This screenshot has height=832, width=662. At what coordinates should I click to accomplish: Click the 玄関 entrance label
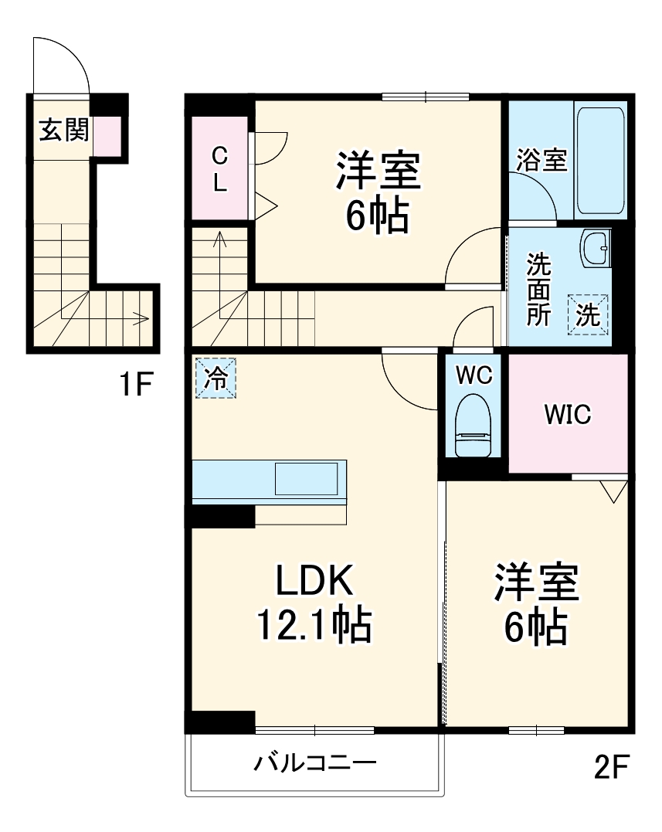tap(63, 130)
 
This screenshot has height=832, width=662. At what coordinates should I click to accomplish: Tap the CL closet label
tap(220, 170)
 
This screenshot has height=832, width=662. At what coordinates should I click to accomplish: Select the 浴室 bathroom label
tap(541, 160)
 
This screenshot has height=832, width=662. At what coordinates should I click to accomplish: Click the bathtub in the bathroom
tap(600, 160)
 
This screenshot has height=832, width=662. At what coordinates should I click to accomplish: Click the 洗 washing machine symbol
tap(589, 314)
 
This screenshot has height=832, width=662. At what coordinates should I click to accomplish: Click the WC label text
tap(474, 375)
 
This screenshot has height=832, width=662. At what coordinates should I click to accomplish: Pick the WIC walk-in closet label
tap(567, 415)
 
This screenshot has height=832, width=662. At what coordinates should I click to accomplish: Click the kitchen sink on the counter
tap(307, 479)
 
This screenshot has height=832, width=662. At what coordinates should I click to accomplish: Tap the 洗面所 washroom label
tap(539, 290)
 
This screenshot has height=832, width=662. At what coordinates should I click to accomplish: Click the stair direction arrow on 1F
tap(139, 317)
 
